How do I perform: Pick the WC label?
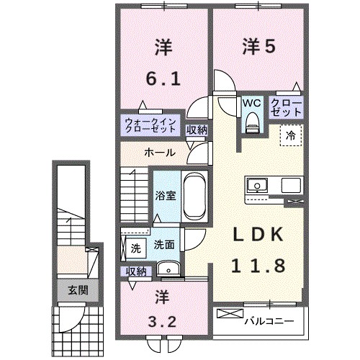(251, 103)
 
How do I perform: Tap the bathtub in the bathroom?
(194, 197)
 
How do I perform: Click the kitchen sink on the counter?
(256, 185)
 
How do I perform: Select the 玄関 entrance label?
(69, 290)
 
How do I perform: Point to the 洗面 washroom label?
(164, 245)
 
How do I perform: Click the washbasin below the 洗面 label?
(169, 269)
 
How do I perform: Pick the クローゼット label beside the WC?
(287, 109)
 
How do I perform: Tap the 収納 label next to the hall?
(197, 130)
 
